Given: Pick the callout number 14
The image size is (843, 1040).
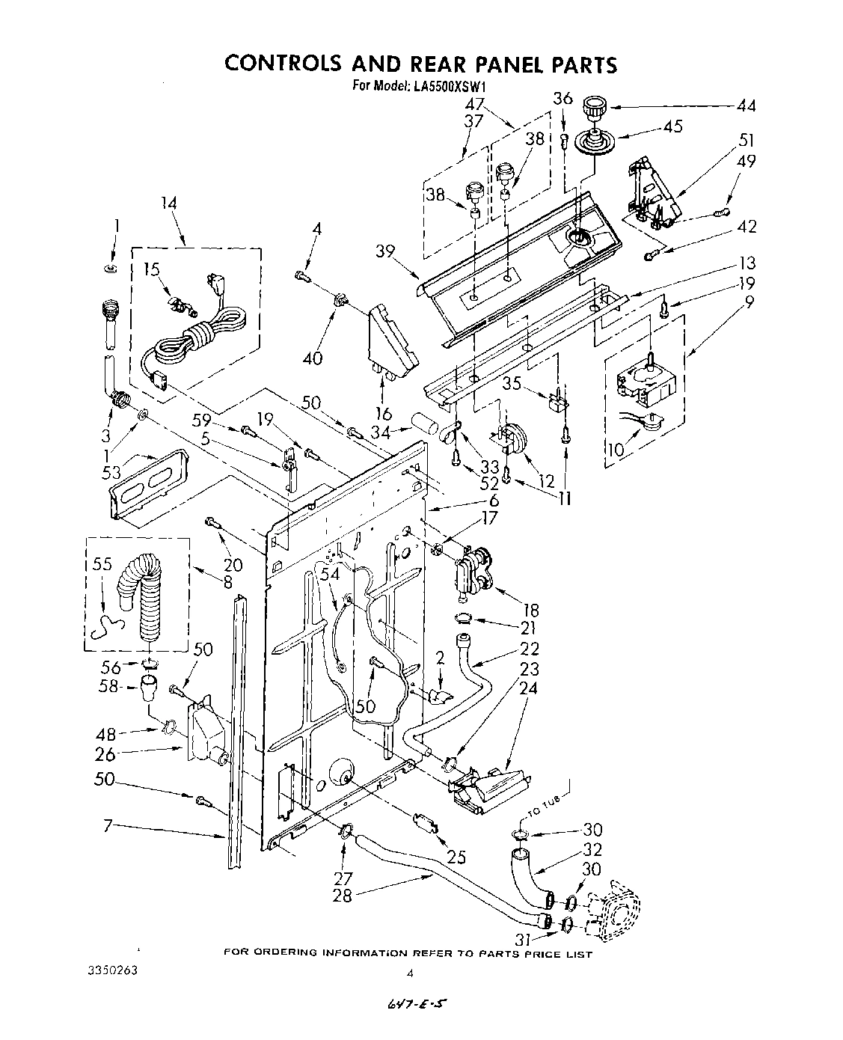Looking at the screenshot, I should click(x=170, y=202).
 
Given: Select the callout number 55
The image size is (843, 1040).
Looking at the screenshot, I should click(x=102, y=565).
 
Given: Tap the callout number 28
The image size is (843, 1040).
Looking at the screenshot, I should click(x=342, y=895).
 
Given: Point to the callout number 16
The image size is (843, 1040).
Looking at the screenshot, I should click(x=384, y=414).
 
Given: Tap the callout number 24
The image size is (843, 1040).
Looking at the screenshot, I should click(x=528, y=688).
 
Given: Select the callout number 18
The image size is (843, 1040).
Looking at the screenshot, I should click(x=531, y=611).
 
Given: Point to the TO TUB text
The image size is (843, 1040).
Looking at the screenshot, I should click(x=550, y=804).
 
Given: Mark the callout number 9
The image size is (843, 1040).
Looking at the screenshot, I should click(x=749, y=303).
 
